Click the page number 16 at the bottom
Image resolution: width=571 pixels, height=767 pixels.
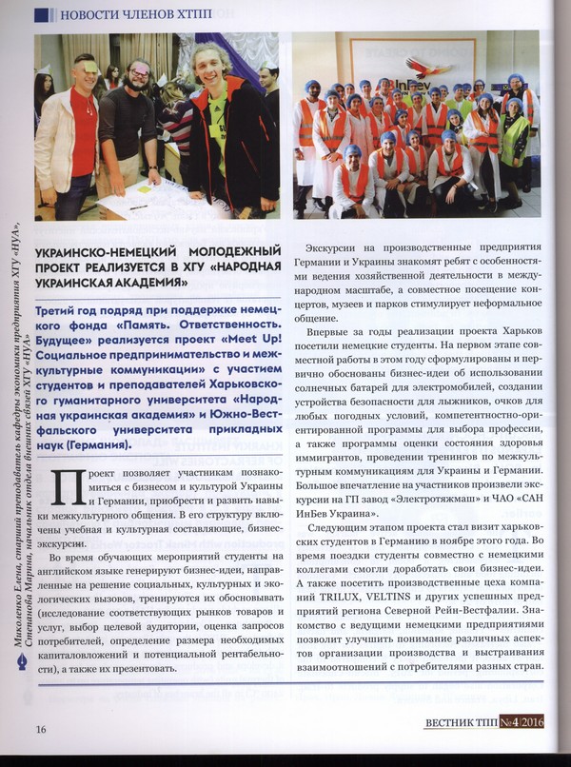coord(41,730)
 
